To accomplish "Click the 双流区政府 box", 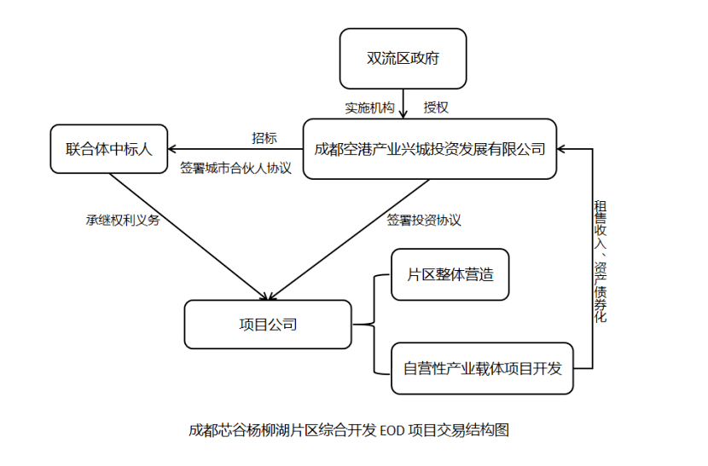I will click(x=403, y=59).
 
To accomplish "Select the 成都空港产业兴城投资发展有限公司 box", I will click(x=430, y=149).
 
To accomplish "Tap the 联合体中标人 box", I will click(x=108, y=149).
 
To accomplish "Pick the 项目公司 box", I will click(x=267, y=325).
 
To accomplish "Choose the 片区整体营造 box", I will click(x=450, y=275).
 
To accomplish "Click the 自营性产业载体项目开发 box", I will click(x=483, y=369).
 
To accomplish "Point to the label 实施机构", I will click(x=369, y=108).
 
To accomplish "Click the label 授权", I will click(x=436, y=108).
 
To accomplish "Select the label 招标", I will click(x=264, y=138).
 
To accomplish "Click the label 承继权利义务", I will click(x=123, y=220).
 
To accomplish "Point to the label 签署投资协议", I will click(x=424, y=220).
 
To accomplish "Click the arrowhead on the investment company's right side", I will click(x=564, y=149).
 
